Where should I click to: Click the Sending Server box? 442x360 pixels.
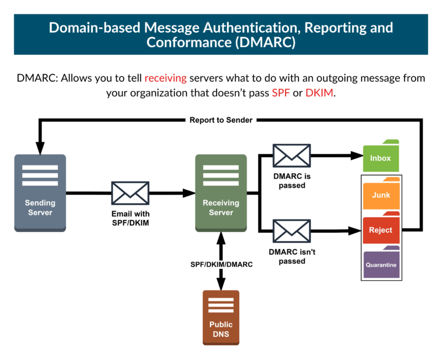pos(40,192)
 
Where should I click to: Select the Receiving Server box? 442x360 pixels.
pos(221,192)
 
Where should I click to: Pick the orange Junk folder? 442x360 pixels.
pos(381,195)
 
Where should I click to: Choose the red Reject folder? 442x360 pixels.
pos(381,229)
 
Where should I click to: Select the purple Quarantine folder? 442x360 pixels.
pos(381,264)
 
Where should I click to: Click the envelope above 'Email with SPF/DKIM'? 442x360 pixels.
pos(130,193)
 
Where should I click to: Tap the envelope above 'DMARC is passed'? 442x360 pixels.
pos(292,155)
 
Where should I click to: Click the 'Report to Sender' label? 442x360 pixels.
pos(221,119)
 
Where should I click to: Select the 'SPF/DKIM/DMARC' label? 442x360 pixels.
pos(222,264)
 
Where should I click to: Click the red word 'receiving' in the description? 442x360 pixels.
pos(166,78)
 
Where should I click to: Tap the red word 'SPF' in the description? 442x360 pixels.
pos(281,93)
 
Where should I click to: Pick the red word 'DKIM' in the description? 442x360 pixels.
pos(319,93)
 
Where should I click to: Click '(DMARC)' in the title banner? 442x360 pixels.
pos(264,43)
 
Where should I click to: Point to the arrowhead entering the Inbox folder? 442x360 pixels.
pos(357,156)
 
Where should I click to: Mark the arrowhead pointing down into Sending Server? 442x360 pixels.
pos(40,149)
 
